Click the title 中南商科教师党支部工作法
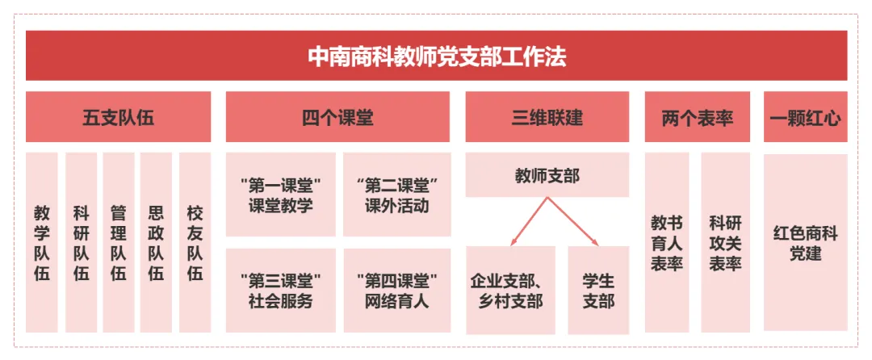pos(436,57)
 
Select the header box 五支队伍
pos(118,118)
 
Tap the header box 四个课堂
pos(337,118)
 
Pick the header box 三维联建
pos(547,118)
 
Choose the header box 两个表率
pos(697,118)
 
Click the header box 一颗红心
pos(804,118)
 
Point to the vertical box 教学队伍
pos(42,242)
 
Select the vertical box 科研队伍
pos(81,242)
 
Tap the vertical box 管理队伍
pos(119,242)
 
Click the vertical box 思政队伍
pos(156,242)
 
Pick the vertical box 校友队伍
pos(195,242)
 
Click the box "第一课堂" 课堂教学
pos(280,195)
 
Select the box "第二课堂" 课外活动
pos(396,195)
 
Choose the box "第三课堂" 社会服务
pos(280,291)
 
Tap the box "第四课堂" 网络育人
pos(396,291)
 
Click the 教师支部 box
pos(547,175)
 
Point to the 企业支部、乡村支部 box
pos(510,291)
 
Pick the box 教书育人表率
pos(667,242)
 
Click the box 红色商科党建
pos(804,242)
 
